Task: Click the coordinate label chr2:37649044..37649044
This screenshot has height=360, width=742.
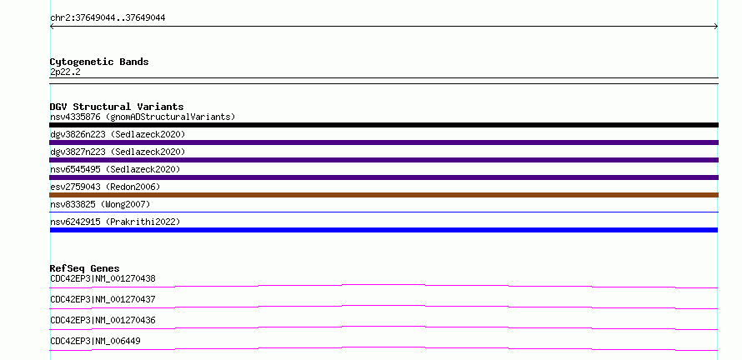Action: click(x=108, y=18)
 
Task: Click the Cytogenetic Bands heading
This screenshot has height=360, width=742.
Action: click(x=99, y=62)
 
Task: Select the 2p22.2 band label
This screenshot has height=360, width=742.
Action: click(x=65, y=72)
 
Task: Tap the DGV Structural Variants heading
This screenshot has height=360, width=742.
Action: click(x=117, y=107)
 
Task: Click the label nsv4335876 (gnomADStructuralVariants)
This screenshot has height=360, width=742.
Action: click(x=143, y=117)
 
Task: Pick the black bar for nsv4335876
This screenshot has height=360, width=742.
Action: click(x=384, y=125)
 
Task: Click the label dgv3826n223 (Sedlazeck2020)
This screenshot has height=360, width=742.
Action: click(x=118, y=134)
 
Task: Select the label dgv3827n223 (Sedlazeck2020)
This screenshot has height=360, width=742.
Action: click(x=118, y=152)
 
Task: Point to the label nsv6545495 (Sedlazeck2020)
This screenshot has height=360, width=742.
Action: click(x=115, y=169)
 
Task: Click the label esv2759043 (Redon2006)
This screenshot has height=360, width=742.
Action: click(x=105, y=187)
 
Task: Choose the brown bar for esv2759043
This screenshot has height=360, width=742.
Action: click(x=384, y=195)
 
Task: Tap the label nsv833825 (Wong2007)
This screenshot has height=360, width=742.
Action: click(x=100, y=204)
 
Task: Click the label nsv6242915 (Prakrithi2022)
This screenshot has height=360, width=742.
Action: click(x=115, y=222)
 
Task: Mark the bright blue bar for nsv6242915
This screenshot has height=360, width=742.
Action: click(x=384, y=230)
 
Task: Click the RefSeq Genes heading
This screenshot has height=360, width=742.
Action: click(x=85, y=268)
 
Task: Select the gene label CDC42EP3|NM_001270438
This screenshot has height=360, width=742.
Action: click(x=103, y=278)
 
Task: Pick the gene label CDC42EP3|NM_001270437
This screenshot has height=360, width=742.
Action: click(x=103, y=299)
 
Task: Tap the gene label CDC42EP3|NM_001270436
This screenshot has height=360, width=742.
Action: click(x=103, y=320)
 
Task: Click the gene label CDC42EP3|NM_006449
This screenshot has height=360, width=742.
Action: click(x=95, y=341)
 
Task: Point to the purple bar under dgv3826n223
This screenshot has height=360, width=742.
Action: click(x=384, y=142)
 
